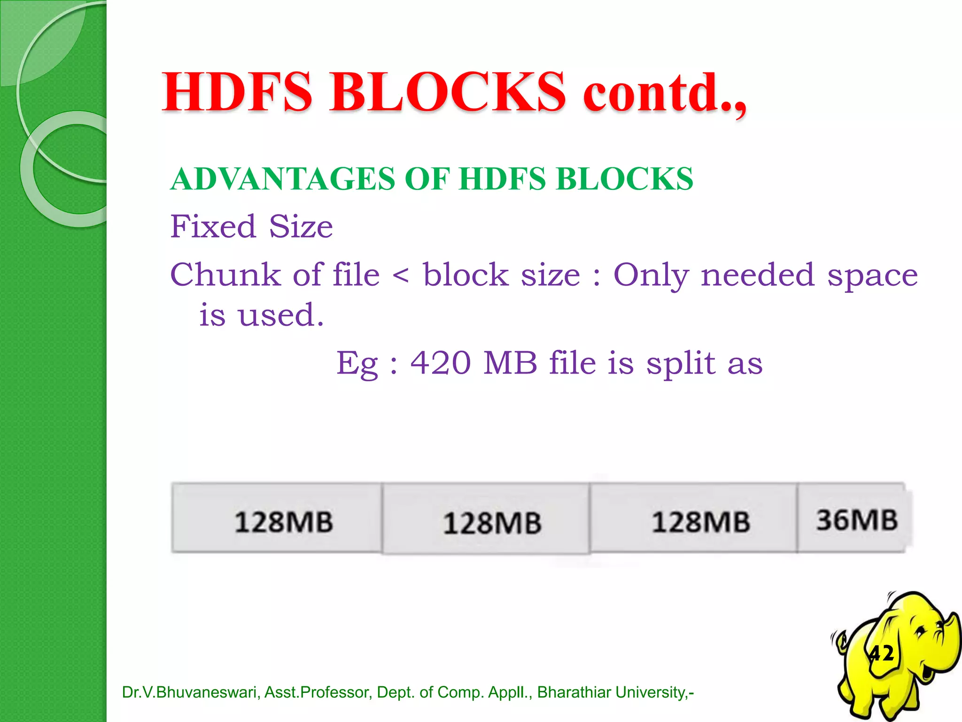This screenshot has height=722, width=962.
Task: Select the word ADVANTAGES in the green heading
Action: pos(283,179)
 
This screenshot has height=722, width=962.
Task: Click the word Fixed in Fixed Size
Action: pos(213,227)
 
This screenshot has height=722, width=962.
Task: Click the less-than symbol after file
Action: pos(401,276)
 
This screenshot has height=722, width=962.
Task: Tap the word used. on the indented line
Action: pos(281,315)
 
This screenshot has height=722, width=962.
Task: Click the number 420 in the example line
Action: pos(441,363)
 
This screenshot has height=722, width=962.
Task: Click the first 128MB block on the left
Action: pos(284,522)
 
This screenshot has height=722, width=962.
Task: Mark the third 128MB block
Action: pos(700,522)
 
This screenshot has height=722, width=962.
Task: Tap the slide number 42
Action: pos(881,653)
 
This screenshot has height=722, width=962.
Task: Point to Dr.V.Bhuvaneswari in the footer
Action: pos(190,692)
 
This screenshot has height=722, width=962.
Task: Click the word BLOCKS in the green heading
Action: pos(624,179)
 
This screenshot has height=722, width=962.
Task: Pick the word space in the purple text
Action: pos(872,276)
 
